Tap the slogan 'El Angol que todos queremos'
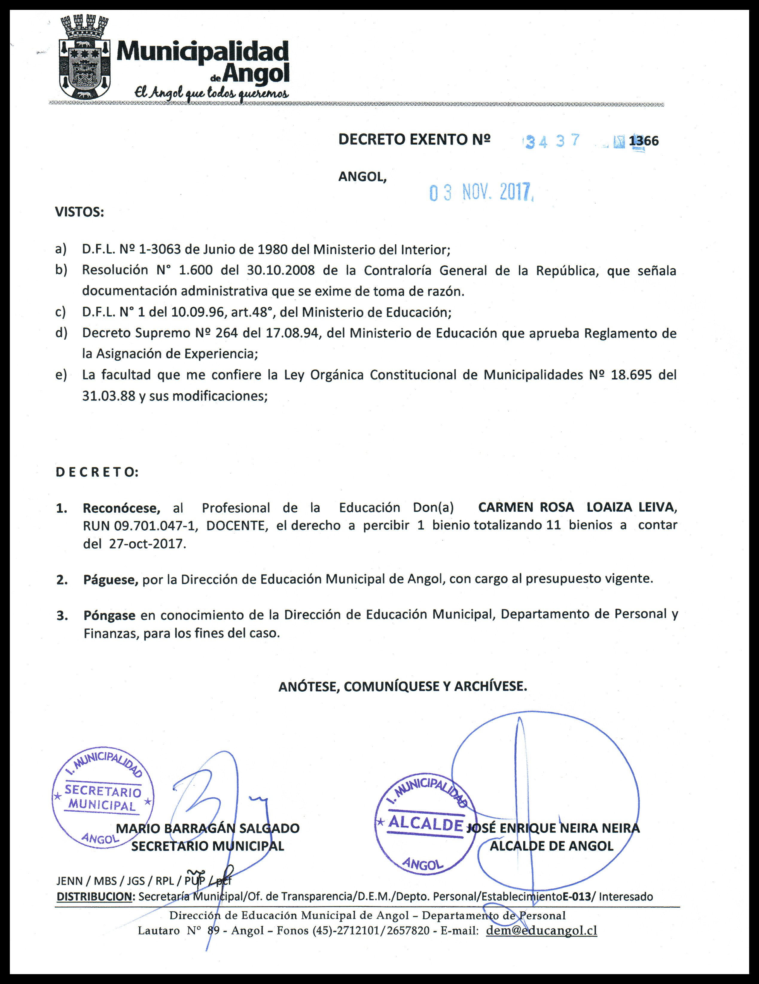(211, 93)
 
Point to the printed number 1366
(644, 141)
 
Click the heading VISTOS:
(80, 212)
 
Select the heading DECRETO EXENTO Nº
(414, 140)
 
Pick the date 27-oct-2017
(147, 543)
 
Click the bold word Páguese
(111, 579)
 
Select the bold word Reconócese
(121, 508)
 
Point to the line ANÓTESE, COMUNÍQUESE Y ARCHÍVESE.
(403, 686)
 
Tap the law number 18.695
(631, 375)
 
